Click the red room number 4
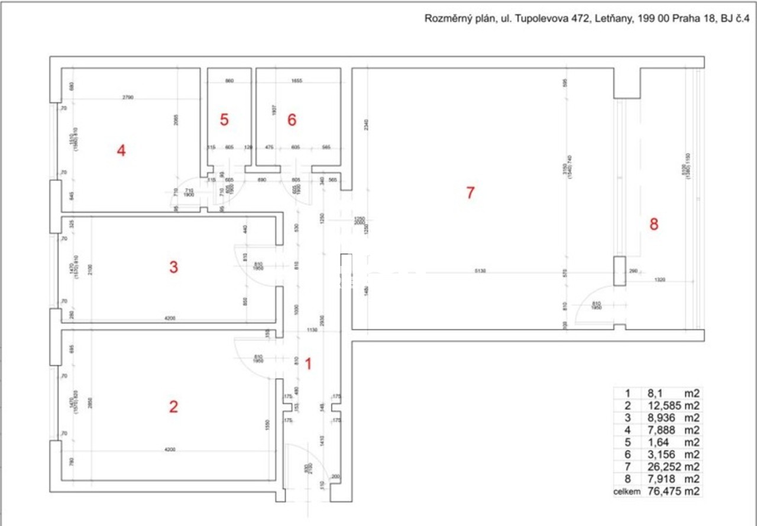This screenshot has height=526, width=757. [121, 151]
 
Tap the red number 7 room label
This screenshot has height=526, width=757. [470, 193]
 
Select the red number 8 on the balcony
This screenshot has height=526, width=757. [654, 224]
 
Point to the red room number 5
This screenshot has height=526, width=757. [224, 119]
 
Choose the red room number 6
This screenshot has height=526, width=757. [292, 119]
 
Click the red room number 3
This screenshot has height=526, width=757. [173, 267]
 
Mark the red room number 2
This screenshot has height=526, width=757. [173, 407]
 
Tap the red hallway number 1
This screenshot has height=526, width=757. [308, 364]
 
